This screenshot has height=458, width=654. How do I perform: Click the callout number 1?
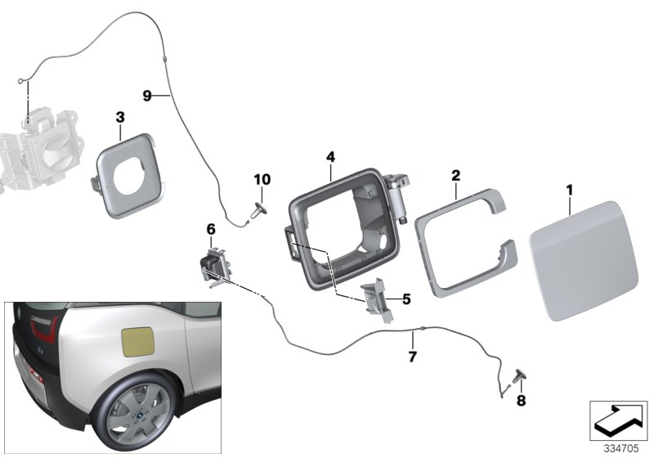coord(570,190)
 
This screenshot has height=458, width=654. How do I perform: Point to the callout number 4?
coord(330,155)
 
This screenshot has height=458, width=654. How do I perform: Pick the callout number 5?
coord(406,299)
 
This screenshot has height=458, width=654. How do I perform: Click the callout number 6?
coord(211,230)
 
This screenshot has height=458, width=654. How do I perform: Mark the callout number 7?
coord(412,357)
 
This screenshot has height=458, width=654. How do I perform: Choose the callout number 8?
coord(520,401)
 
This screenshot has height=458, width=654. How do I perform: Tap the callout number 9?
coord(148,96)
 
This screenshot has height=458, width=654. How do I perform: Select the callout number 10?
coord(262,179)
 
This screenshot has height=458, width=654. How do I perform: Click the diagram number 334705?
coord(622,448)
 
